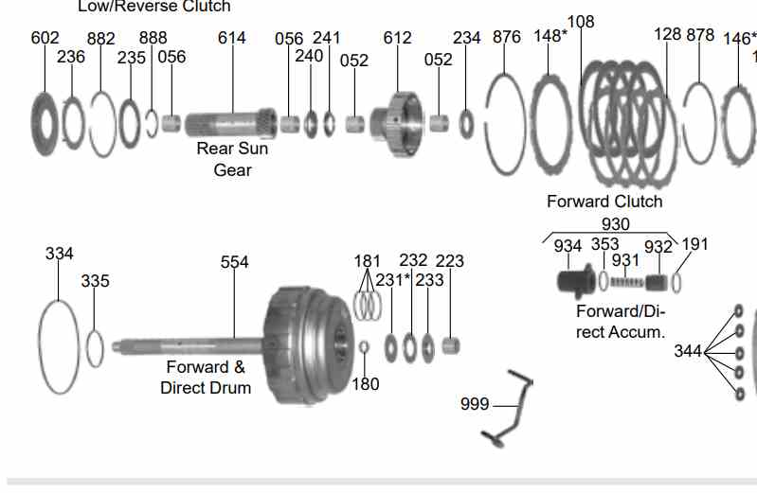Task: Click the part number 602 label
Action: [45, 38]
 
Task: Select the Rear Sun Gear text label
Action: [232, 159]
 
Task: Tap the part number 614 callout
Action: [231, 38]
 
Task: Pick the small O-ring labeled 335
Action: [94, 347]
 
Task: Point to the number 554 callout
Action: [234, 262]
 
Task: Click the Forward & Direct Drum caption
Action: [206, 378]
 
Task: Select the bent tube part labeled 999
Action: [510, 407]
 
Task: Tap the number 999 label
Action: [475, 405]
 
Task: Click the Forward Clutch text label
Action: [604, 202]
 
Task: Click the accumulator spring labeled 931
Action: [626, 282]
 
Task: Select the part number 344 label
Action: [688, 351]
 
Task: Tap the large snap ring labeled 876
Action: [506, 124]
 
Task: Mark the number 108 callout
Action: [580, 22]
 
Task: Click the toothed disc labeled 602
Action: [45, 121]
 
